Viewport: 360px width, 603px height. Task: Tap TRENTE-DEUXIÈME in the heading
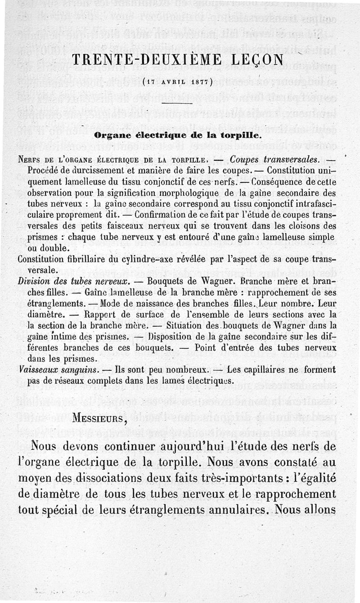click(x=142, y=60)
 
